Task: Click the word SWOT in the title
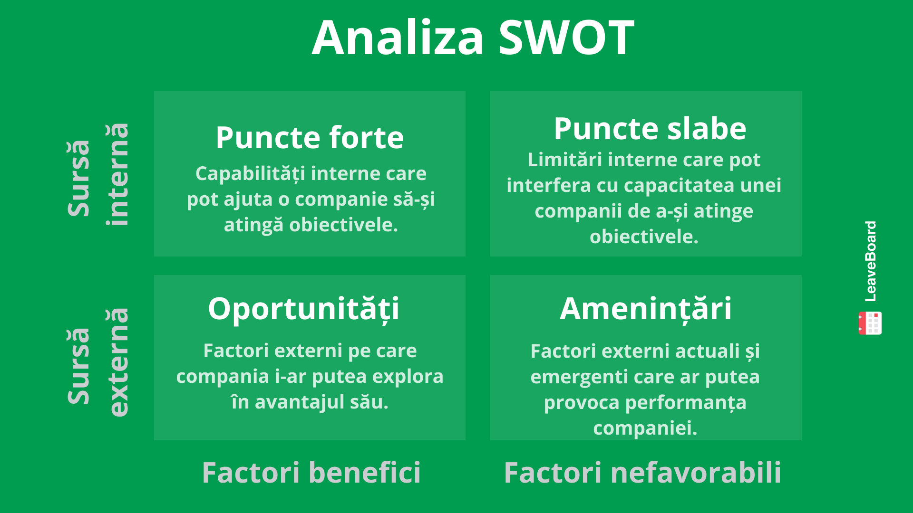[566, 38]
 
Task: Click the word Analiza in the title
[398, 38]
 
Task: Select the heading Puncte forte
[310, 138]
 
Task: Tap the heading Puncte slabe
[650, 129]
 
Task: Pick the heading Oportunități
[303, 309]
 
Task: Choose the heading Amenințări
[645, 309]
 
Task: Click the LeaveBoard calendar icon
[870, 323]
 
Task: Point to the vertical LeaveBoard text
[870, 261]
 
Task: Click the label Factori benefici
[311, 473]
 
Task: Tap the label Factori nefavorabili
[642, 473]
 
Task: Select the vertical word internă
[117, 174]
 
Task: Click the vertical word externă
[117, 362]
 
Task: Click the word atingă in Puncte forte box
[253, 225]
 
